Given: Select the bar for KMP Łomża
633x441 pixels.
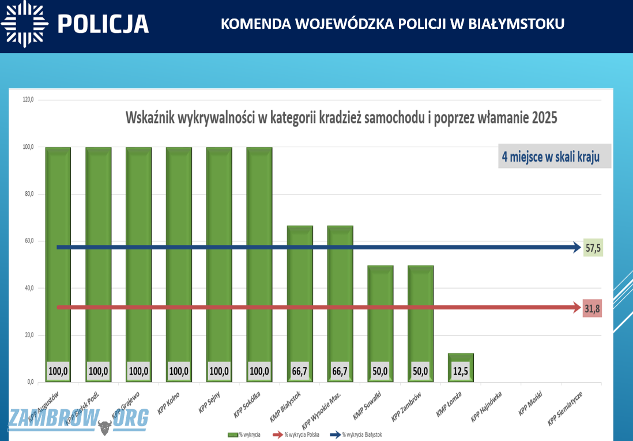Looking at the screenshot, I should click(461, 361).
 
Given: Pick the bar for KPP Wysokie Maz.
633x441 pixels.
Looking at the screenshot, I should click(340, 300).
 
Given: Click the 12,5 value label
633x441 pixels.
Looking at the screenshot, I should click(461, 372).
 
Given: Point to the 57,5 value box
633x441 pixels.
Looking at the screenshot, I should click(593, 248).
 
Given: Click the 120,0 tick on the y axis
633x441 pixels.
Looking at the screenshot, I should click(28, 100).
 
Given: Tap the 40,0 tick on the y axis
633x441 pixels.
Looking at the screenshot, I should click(28, 288).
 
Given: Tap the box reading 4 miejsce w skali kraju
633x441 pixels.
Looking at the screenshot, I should click(554, 156).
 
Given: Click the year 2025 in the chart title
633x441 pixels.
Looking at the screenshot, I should click(544, 119).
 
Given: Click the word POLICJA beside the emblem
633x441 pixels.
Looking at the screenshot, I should click(104, 24).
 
